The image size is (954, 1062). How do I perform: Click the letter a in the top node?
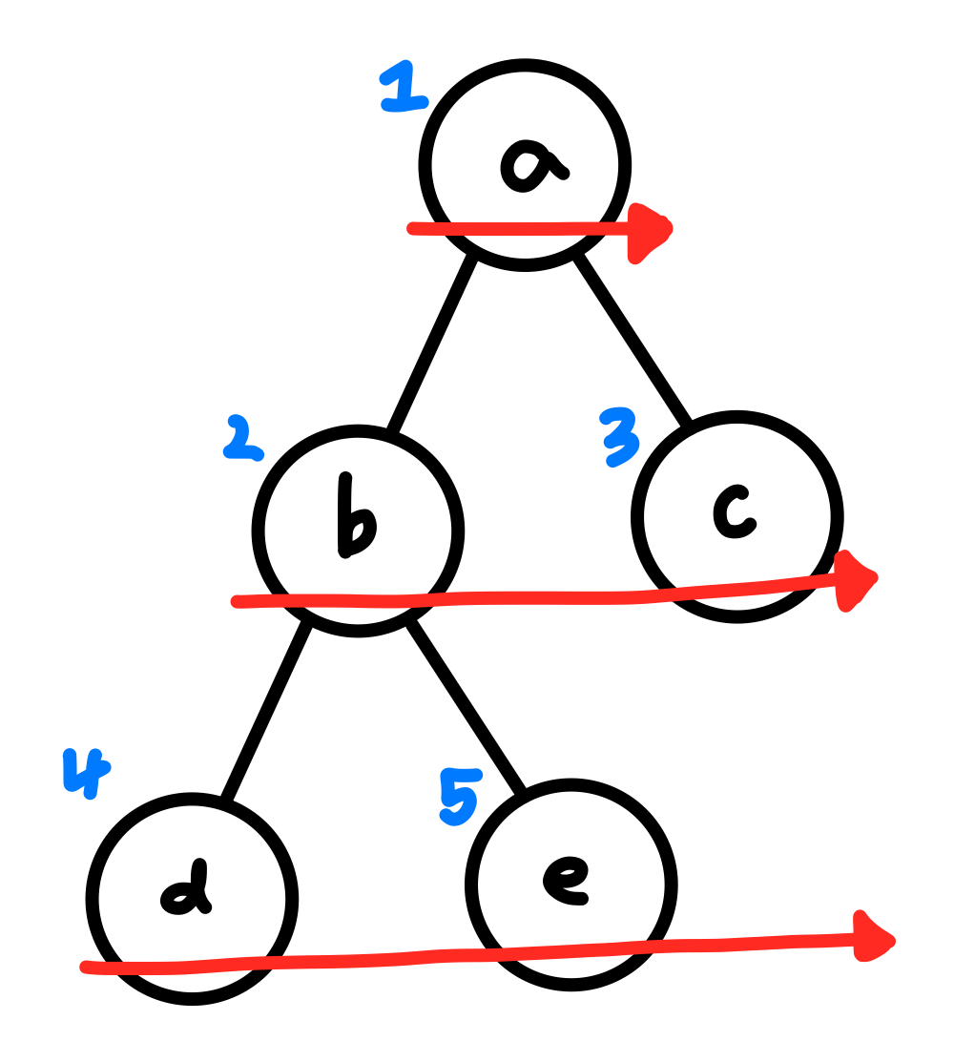tap(532, 163)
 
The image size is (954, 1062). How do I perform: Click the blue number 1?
tap(404, 89)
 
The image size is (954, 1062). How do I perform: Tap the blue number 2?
tap(240, 439)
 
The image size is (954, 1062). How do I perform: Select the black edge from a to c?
tap(633, 340)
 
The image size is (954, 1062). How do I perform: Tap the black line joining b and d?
tap(266, 712)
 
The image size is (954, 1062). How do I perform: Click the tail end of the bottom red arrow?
tap(87, 968)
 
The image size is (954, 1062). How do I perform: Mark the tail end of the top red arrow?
tap(412, 228)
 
